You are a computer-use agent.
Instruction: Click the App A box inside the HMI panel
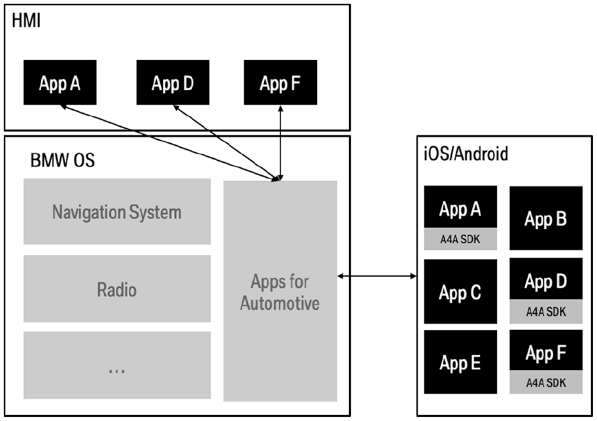point(60,82)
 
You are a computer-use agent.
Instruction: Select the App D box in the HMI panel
point(173,82)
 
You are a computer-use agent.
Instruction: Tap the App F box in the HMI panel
point(281,82)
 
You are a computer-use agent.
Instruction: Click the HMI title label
point(26,20)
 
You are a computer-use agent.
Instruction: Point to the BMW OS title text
point(62,160)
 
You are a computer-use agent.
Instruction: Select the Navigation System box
point(117,211)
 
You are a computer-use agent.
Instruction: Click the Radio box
point(117,288)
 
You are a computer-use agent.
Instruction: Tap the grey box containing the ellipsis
point(117,365)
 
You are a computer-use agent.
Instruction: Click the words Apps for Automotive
point(280,292)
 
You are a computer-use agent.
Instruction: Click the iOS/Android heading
point(466,154)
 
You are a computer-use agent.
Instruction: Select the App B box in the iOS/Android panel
point(546,218)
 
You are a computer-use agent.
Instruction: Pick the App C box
point(460,292)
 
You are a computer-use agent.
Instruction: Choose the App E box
point(460,362)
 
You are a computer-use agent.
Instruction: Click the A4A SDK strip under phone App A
point(460,239)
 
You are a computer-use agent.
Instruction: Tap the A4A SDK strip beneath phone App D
point(546,311)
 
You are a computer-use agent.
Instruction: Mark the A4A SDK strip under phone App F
point(546,382)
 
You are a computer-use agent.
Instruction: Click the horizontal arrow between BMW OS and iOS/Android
point(377,276)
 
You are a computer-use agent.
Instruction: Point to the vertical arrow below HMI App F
point(281,143)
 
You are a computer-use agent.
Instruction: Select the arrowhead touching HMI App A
point(63,107)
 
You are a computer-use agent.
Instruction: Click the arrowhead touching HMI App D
point(177,108)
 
